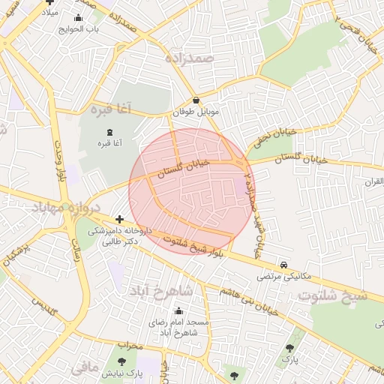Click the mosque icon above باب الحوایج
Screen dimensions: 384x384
coord(79,18)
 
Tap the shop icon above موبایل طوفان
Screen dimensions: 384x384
coord(196,100)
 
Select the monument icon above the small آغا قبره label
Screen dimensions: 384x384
coord(111,132)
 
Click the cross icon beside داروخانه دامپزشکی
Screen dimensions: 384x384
coord(120,220)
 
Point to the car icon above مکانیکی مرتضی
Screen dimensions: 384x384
coord(283,265)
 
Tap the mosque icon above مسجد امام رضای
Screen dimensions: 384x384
coord(178,311)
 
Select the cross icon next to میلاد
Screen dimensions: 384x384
coord(50,2)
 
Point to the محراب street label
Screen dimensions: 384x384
coord(130,345)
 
